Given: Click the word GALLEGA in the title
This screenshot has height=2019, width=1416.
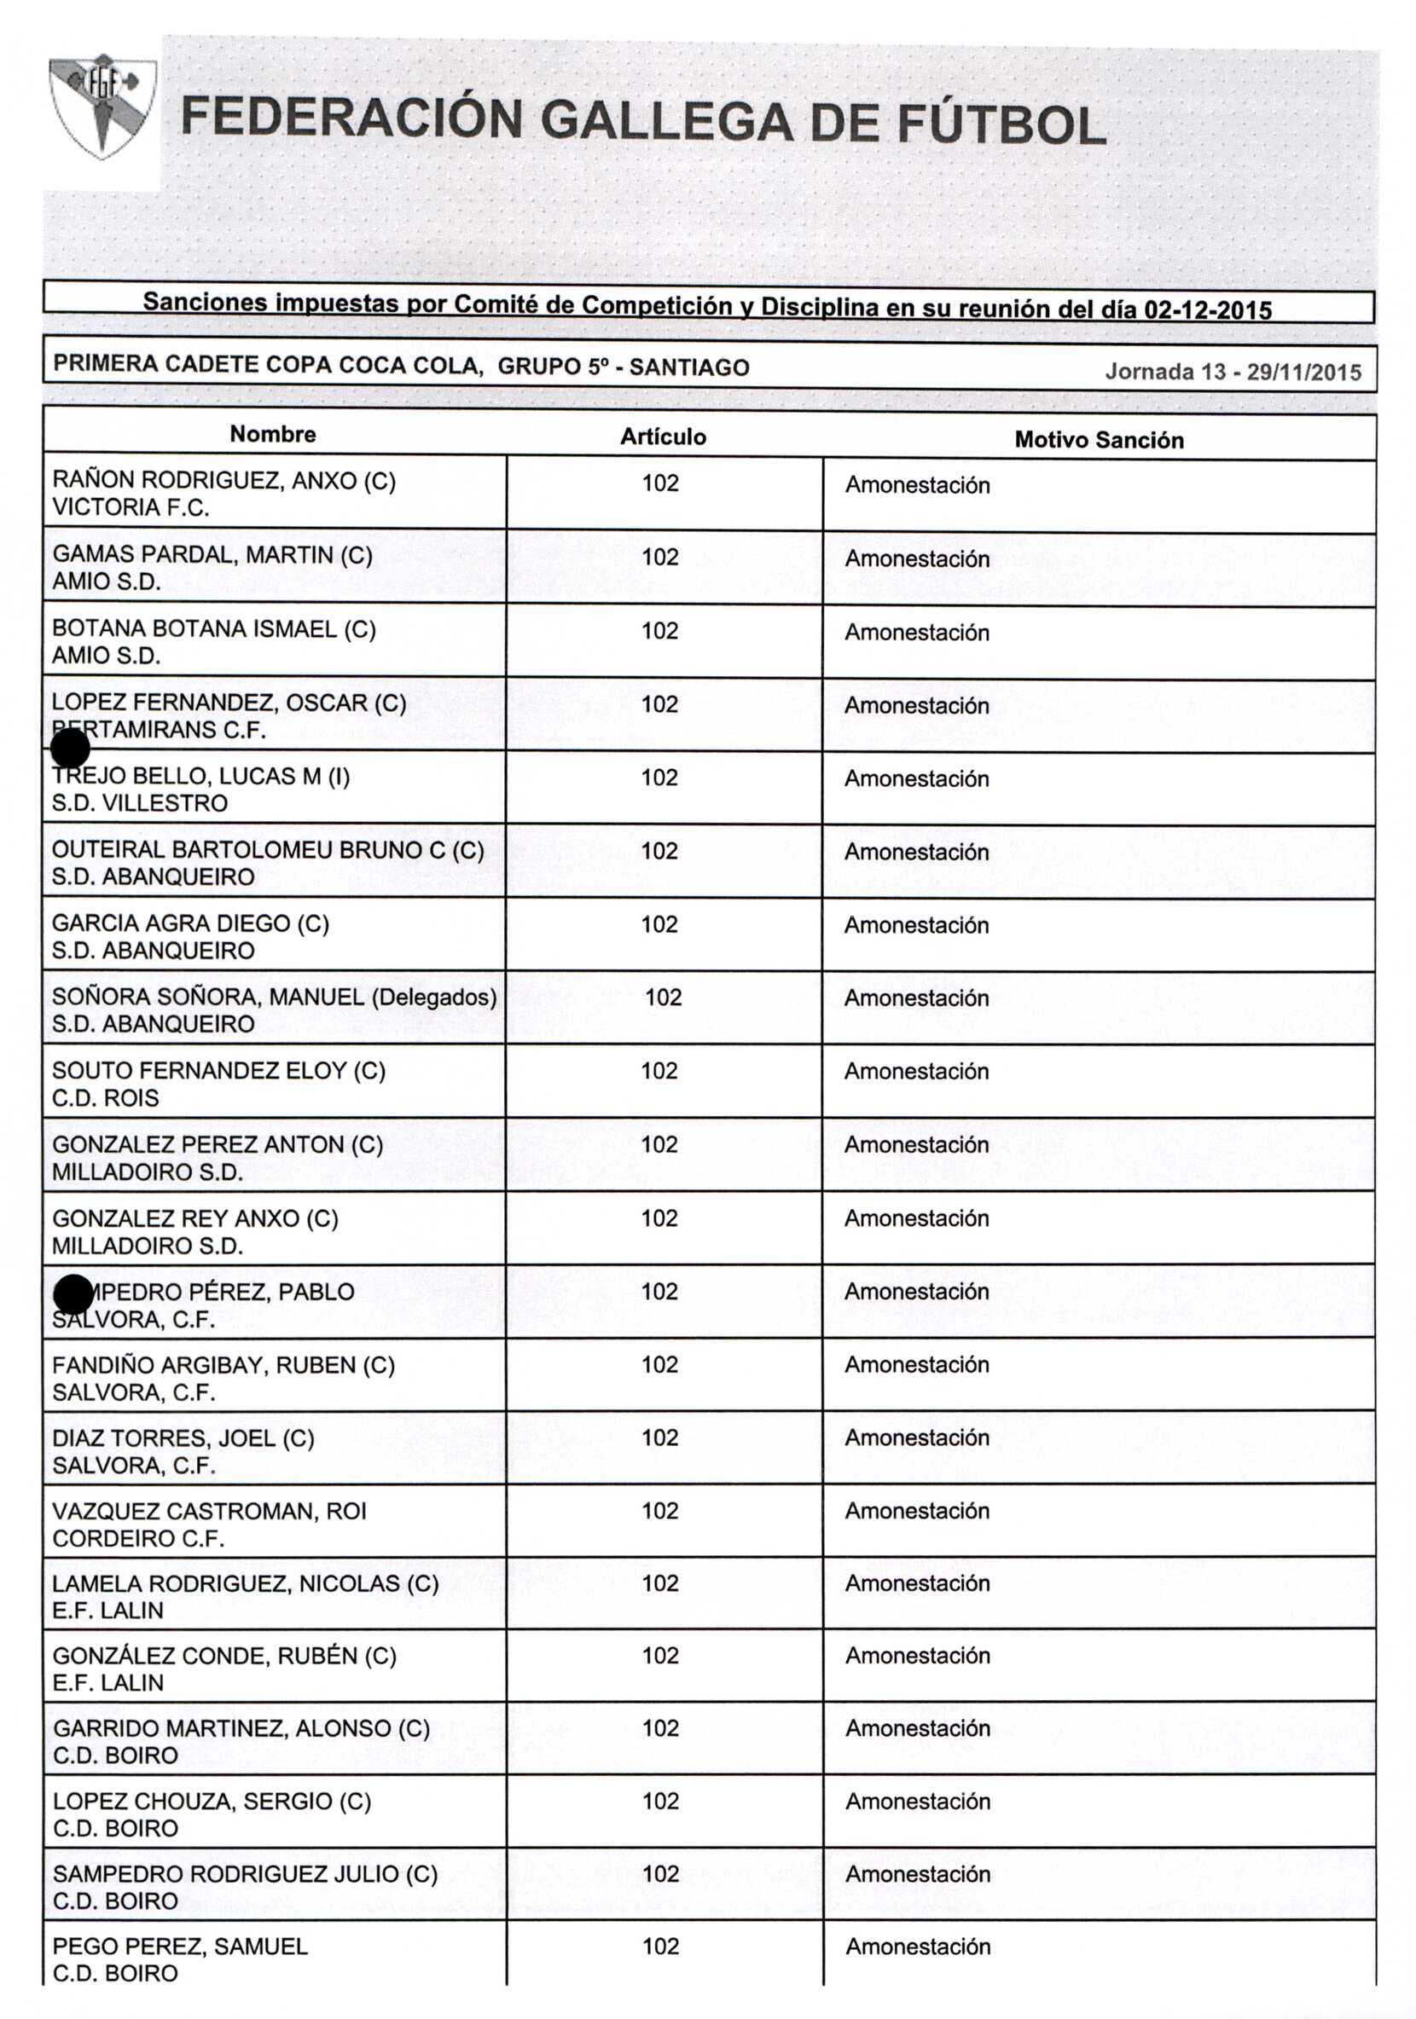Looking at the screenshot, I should click(x=667, y=120).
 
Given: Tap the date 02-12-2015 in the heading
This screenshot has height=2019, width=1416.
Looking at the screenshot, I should click(x=1207, y=310).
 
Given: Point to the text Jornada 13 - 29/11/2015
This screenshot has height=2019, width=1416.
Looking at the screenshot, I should click(x=1233, y=371).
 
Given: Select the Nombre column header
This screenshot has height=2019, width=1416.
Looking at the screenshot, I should click(x=273, y=433).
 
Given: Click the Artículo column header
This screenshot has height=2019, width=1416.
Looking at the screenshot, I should click(x=662, y=437).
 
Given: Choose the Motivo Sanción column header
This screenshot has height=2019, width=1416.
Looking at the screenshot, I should click(x=1099, y=440).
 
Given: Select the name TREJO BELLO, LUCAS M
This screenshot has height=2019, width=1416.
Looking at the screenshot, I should click(x=200, y=776).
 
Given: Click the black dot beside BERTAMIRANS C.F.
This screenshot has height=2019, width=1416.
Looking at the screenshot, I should click(x=70, y=749).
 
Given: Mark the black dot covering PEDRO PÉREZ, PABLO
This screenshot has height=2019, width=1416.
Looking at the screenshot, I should click(x=73, y=1293).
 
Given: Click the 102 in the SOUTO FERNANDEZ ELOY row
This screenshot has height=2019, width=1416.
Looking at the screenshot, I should click(x=659, y=1070).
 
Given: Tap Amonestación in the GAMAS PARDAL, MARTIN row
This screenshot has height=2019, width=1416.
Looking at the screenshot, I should click(x=917, y=558).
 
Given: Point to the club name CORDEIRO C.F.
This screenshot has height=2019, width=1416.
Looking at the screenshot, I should click(x=138, y=1538).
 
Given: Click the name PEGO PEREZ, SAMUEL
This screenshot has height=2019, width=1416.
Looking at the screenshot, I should click(x=180, y=1946).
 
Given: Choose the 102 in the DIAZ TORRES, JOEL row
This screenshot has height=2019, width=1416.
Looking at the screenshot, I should click(x=659, y=1437).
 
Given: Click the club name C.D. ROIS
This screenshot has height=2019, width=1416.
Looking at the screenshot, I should click(x=106, y=1097).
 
